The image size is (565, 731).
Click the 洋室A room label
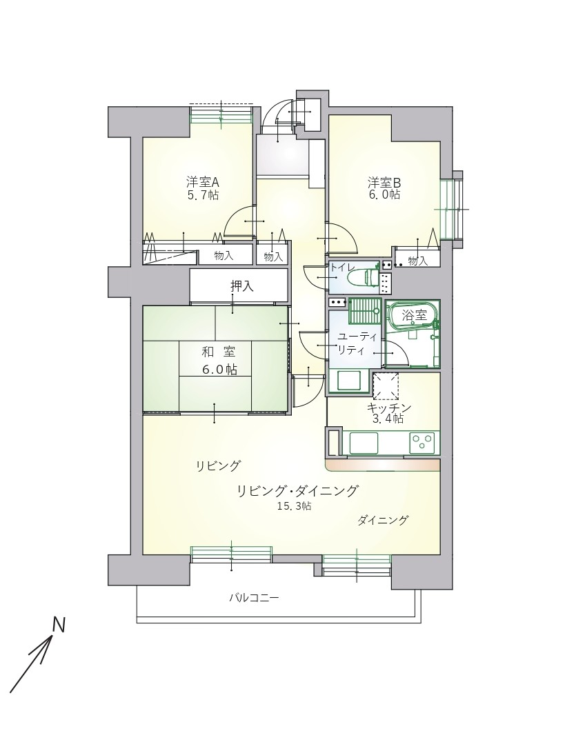coord(203,181)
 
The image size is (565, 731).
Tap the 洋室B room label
coord(384,181)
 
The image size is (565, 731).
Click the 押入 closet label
coord(242,286)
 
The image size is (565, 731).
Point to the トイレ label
coord(343,268)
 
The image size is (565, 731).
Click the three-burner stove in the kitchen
coord(422,441)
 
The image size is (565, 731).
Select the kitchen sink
coord(364,441)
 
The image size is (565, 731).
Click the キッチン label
coord(389,408)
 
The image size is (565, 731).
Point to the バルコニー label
coord(254,598)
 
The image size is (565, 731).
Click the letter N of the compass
coord(58,625)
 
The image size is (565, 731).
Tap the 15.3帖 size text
coord(294,505)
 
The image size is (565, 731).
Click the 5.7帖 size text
coord(203,195)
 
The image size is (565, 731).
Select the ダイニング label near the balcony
coord(383,520)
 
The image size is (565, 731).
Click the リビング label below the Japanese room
coord(218,465)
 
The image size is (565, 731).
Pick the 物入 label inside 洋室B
coord(417,261)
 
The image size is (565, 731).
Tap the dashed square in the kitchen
coord(385,386)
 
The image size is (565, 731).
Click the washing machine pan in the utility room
coord(350,381)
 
